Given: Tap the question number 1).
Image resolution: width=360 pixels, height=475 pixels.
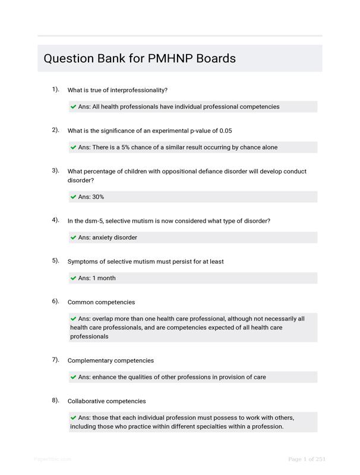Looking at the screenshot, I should [x=55, y=90].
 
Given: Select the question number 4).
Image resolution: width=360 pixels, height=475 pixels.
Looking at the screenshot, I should [x=55, y=220].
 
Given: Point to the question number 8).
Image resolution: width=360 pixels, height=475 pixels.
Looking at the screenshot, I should [x=55, y=400].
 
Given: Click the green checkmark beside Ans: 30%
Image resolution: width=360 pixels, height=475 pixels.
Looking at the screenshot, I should [x=74, y=197].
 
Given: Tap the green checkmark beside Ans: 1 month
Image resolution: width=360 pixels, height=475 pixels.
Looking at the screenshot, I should [x=74, y=278].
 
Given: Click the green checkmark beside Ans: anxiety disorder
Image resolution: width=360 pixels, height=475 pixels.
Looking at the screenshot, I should [x=74, y=237].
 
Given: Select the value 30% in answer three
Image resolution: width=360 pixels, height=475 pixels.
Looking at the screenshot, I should [x=98, y=197].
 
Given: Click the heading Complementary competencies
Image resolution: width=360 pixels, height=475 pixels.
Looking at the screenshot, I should [x=110, y=361].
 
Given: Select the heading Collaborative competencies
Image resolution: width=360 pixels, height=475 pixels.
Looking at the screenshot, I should [x=106, y=401].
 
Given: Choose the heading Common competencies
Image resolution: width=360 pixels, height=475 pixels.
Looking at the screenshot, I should [x=101, y=302].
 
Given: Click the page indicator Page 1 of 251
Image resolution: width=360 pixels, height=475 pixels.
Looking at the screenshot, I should [x=307, y=459].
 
